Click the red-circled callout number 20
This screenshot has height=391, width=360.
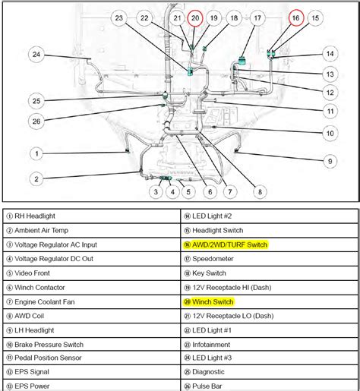pos(195,17)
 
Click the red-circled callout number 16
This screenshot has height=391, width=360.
pos(296,17)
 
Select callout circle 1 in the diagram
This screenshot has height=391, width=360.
pos(36,153)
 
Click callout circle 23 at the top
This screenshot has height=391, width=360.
pos(118,17)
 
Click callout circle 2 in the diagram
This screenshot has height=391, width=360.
pos(36,179)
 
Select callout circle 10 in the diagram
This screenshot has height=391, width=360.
pos(330,134)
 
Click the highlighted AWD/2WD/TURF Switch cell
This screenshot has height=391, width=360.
pos(229,244)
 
